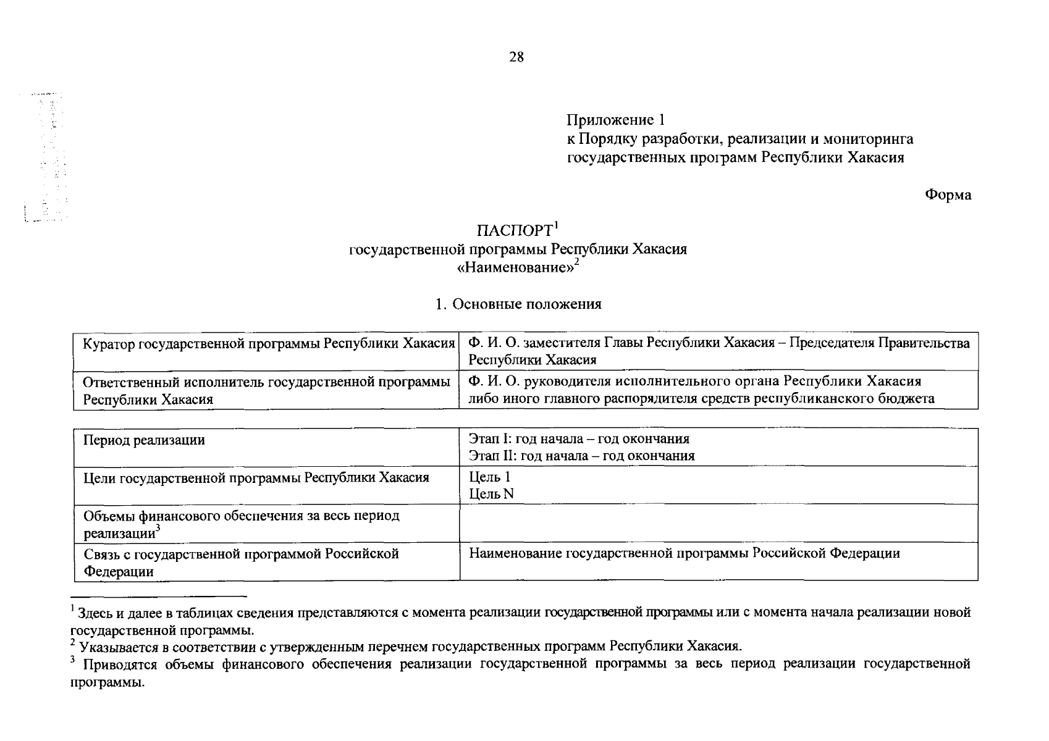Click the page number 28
click(516, 57)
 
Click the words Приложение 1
click(615, 120)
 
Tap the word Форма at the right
click(948, 195)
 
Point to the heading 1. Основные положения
click(518, 304)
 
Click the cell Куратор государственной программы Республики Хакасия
click(268, 343)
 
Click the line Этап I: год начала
click(579, 439)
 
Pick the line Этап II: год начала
click(581, 456)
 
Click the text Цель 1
click(489, 477)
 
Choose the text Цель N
click(491, 494)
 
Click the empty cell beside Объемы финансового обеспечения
click(718, 523)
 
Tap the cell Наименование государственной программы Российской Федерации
click(684, 553)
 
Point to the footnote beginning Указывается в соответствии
click(408, 647)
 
